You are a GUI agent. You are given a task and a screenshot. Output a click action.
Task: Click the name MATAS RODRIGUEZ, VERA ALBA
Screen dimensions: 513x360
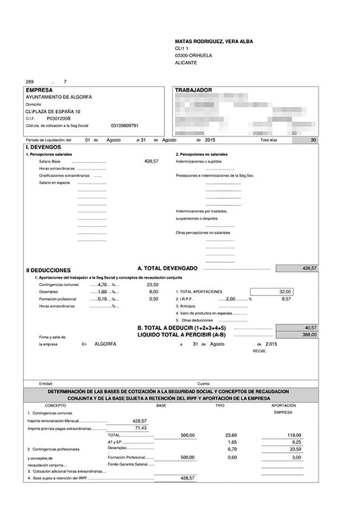[x=214, y=41]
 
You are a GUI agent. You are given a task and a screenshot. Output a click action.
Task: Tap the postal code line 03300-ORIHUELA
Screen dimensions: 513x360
[x=193, y=55]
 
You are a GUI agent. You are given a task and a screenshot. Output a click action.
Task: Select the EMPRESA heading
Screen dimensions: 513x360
[x=39, y=90]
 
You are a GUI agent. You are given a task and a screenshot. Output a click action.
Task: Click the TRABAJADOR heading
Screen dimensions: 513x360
[x=193, y=90]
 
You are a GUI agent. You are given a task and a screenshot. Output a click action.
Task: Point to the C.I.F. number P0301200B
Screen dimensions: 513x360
[x=58, y=118]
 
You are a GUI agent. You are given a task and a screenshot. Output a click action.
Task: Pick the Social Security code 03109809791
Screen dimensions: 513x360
[x=125, y=126]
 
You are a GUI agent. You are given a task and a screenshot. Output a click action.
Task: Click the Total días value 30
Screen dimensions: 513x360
[x=313, y=140]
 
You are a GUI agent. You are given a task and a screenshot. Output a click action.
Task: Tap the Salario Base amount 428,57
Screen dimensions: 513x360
[x=151, y=161]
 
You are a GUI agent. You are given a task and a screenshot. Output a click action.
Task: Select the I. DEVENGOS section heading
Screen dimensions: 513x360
[x=43, y=147]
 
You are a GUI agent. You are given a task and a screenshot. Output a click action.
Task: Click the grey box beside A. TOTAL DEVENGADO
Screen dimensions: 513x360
[x=297, y=268]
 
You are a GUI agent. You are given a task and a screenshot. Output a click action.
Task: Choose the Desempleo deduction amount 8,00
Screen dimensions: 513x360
[x=153, y=292]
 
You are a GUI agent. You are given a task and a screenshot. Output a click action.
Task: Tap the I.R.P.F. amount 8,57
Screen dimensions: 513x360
[x=286, y=299]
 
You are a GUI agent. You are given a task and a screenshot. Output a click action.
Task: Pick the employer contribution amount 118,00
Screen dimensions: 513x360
[x=294, y=435]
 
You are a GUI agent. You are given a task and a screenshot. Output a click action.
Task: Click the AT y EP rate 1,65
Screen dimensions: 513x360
[x=232, y=442]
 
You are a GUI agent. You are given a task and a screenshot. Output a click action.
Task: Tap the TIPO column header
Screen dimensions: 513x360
[x=220, y=405]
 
